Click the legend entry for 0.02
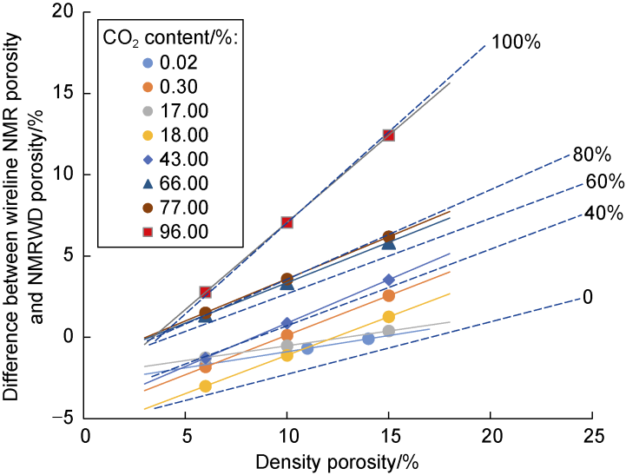tap(175, 63)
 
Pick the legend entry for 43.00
tap(175, 158)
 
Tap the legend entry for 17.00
tap(175, 110)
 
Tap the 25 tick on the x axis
tap(593, 434)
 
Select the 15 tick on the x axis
tap(390, 434)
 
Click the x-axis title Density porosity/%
tap(338, 460)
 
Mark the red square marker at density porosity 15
tap(389, 135)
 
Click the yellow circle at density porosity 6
tap(205, 386)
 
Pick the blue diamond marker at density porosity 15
tap(389, 280)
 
